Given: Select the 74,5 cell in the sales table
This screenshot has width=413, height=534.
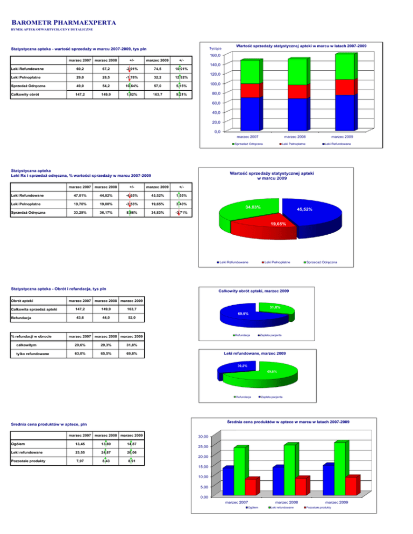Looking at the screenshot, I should pyautogui.click(x=157, y=69).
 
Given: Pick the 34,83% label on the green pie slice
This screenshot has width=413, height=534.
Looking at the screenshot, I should pyautogui.click(x=253, y=207).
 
